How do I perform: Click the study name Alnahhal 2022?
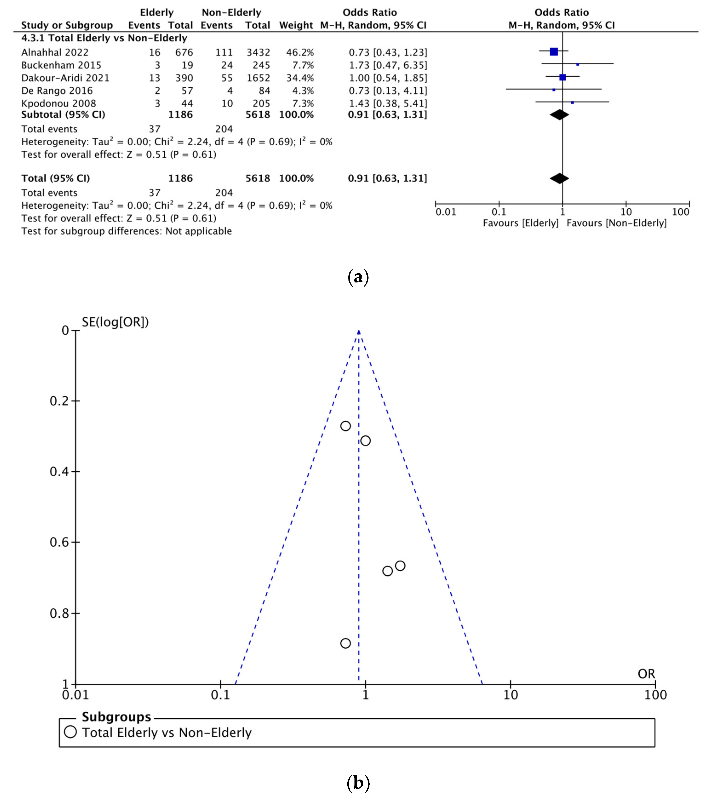click(x=55, y=52)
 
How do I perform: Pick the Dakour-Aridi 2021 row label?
click(x=65, y=78)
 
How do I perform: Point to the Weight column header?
click(x=296, y=25)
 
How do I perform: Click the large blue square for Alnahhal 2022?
click(x=554, y=52)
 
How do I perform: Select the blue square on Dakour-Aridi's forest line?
click(x=563, y=77)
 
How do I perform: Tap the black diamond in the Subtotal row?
click(x=559, y=115)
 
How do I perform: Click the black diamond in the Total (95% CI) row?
click(x=559, y=179)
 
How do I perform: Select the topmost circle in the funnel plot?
click(x=345, y=426)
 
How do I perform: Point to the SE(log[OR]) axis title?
click(x=115, y=322)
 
